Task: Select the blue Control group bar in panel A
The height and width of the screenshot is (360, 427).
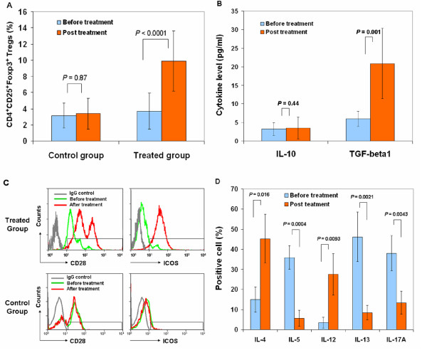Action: pos(64,128)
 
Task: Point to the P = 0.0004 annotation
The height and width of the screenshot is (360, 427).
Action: pos(297,224)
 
